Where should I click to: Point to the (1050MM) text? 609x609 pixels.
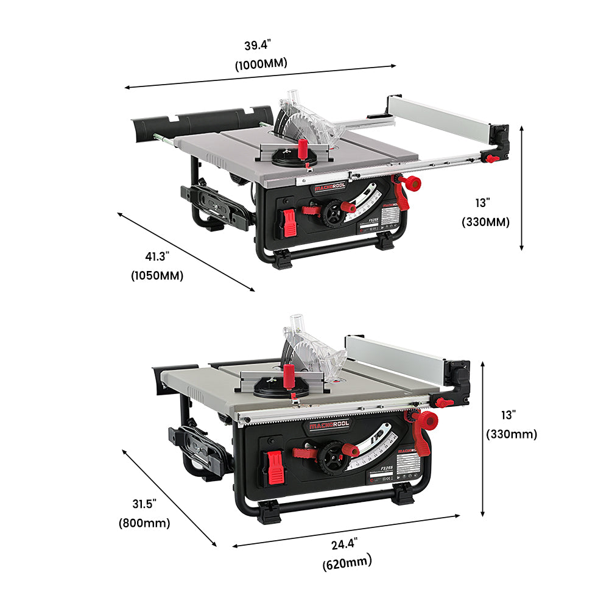157,275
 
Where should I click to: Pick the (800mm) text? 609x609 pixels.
144,523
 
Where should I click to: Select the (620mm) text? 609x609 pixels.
347,563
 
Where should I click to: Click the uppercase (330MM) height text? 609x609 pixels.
485,222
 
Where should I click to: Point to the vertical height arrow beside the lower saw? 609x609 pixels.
482,438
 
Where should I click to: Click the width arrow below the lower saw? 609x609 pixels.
346,530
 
